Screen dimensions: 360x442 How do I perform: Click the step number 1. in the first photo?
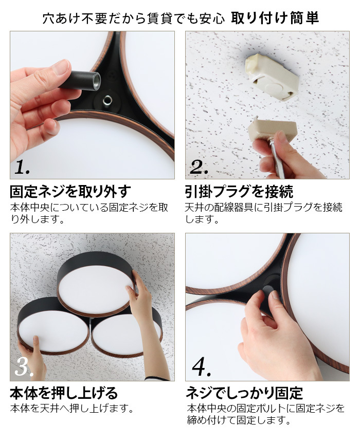click(x=22, y=167)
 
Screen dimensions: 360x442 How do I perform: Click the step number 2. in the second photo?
click(x=199, y=167)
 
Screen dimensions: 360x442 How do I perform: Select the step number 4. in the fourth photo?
click(x=202, y=367)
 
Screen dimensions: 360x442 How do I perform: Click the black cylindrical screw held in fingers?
click(x=81, y=80)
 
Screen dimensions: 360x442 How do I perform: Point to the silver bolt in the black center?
click(x=107, y=100)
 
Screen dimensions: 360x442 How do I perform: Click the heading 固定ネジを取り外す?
click(x=70, y=192)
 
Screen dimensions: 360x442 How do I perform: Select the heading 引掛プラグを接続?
click(x=239, y=192)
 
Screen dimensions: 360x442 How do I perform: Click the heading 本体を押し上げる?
click(x=64, y=393)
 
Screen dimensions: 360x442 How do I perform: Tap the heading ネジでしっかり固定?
click(x=244, y=393)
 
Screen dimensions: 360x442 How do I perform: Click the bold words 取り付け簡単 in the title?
click(x=275, y=18)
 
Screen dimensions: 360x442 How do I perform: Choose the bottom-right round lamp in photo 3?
click(x=127, y=332)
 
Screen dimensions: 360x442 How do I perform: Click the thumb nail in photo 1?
click(x=61, y=66)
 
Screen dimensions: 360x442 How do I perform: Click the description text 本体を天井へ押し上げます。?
click(x=72, y=408)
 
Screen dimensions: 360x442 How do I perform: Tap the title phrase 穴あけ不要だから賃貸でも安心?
click(x=134, y=19)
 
